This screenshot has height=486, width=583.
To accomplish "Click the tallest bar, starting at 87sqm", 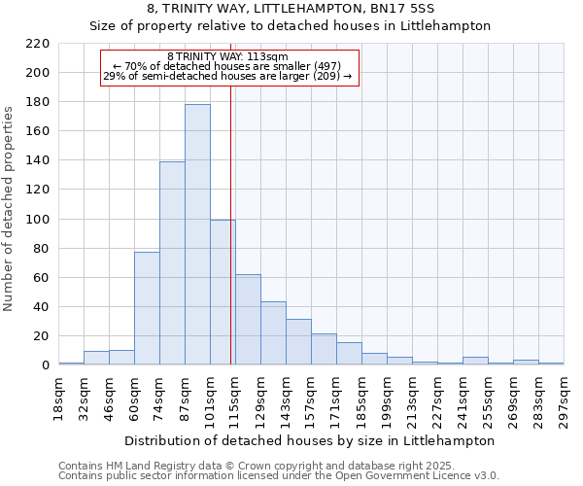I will click(x=197, y=234).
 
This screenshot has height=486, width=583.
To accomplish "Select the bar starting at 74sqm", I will click(x=172, y=262).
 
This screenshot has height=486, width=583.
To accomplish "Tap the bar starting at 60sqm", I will click(x=147, y=308).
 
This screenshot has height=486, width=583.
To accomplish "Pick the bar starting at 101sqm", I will click(x=223, y=292).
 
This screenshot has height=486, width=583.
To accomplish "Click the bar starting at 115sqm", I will click(x=248, y=320).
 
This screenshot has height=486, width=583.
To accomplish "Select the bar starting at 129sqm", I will click(x=273, y=333).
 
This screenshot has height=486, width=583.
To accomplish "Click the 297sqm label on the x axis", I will click(x=565, y=399).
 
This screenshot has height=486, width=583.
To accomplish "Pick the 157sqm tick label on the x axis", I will click(x=312, y=399).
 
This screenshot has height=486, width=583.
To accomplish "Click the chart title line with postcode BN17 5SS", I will click(x=291, y=9).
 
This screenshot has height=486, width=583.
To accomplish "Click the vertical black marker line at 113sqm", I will click(x=231, y=243).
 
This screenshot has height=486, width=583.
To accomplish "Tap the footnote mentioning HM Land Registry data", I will click(x=251, y=467).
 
